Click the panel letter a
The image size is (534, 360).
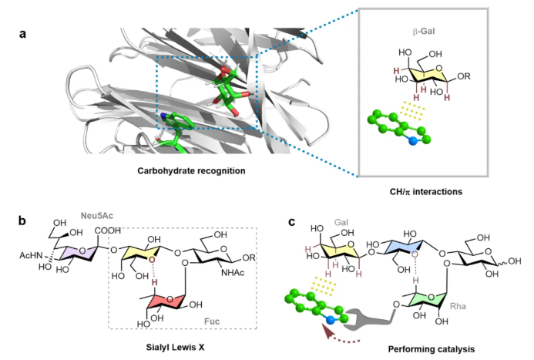[x=23, y=34]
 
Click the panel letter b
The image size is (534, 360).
[x=22, y=220]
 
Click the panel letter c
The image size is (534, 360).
[x=291, y=222]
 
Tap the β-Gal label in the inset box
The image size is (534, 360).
[x=424, y=32]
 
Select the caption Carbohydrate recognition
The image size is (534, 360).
[x=191, y=170]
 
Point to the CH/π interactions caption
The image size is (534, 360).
[x=426, y=192]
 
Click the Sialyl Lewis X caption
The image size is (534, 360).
[x=176, y=348]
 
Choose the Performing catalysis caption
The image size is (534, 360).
[x=432, y=349]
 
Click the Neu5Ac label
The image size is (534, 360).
[x=97, y=216]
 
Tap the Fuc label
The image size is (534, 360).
[x=212, y=321]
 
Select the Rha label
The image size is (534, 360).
[x=458, y=306]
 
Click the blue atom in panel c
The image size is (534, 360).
[x=330, y=320]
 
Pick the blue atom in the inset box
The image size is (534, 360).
[x=413, y=141]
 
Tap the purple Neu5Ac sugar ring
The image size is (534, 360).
[x=79, y=253]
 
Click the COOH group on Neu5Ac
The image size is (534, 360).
[x=108, y=230]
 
